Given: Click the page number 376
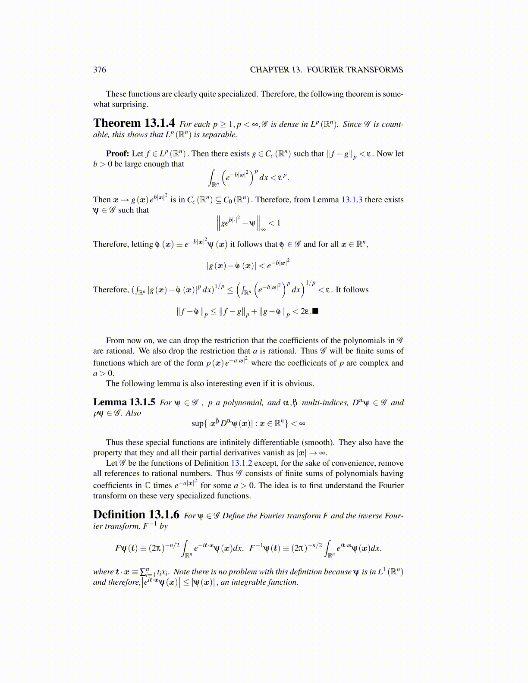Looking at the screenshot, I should click(99, 70).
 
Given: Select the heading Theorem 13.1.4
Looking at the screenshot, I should click(134, 123).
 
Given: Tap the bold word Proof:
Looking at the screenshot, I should click(118, 154).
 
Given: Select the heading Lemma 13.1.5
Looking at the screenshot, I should click(124, 402).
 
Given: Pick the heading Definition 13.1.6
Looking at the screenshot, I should click(136, 515).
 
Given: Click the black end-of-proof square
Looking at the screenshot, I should click(315, 311).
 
